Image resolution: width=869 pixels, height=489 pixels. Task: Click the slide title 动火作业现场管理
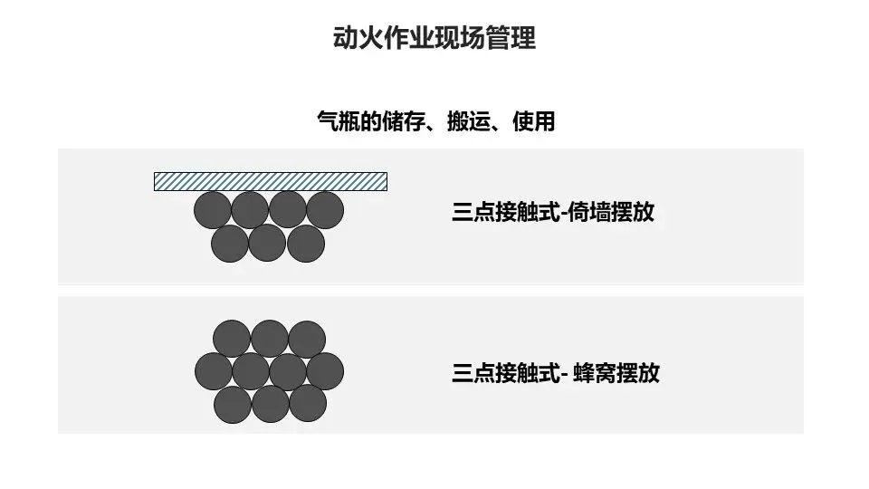click(434, 39)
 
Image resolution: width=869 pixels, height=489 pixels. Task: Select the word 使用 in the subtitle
click(533, 121)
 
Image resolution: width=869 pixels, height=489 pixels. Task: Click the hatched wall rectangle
click(271, 181)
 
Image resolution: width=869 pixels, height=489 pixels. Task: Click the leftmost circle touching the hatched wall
click(213, 210)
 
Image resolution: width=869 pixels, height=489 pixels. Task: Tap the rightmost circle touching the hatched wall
click(325, 210)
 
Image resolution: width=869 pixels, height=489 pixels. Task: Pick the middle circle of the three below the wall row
click(267, 243)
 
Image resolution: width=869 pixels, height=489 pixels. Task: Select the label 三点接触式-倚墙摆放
click(552, 214)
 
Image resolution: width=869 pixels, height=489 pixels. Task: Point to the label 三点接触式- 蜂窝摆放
click(555, 373)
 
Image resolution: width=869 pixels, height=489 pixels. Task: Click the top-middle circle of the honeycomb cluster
click(270, 339)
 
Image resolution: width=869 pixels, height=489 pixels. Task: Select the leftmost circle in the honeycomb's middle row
click(214, 370)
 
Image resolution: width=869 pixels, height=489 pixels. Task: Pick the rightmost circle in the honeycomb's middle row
click(325, 370)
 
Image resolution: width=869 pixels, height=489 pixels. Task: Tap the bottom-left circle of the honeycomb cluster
click(233, 403)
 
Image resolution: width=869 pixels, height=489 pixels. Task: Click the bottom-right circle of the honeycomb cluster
click(308, 403)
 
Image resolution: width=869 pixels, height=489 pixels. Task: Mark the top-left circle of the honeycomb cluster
click(232, 339)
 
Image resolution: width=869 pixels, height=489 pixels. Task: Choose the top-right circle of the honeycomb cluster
click(307, 339)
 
